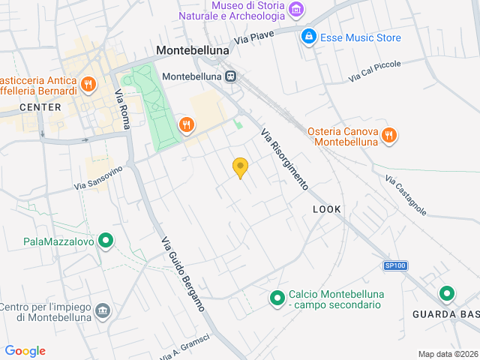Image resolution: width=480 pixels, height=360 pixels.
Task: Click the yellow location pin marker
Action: (240, 168)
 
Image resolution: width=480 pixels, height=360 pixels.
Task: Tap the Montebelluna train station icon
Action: (232, 76)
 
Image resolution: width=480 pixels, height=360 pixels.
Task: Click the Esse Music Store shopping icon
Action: (307, 36)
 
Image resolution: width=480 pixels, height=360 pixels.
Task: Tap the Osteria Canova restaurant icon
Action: (388, 135)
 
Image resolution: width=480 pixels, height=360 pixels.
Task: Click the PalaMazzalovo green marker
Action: (106, 241)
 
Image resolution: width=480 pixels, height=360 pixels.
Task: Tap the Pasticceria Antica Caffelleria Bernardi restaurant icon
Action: (88, 83)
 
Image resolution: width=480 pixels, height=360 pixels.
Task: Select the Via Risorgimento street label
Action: (284, 158)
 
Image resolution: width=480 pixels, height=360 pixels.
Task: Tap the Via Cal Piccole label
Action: (375, 72)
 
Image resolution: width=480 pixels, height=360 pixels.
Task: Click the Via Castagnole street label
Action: (406, 195)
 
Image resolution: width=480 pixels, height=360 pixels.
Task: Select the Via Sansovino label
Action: (97, 178)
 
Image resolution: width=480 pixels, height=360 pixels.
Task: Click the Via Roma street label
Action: (121, 108)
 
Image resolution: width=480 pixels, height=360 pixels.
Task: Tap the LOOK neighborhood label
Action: (326, 209)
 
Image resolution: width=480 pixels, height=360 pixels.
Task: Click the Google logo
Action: (25, 351)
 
